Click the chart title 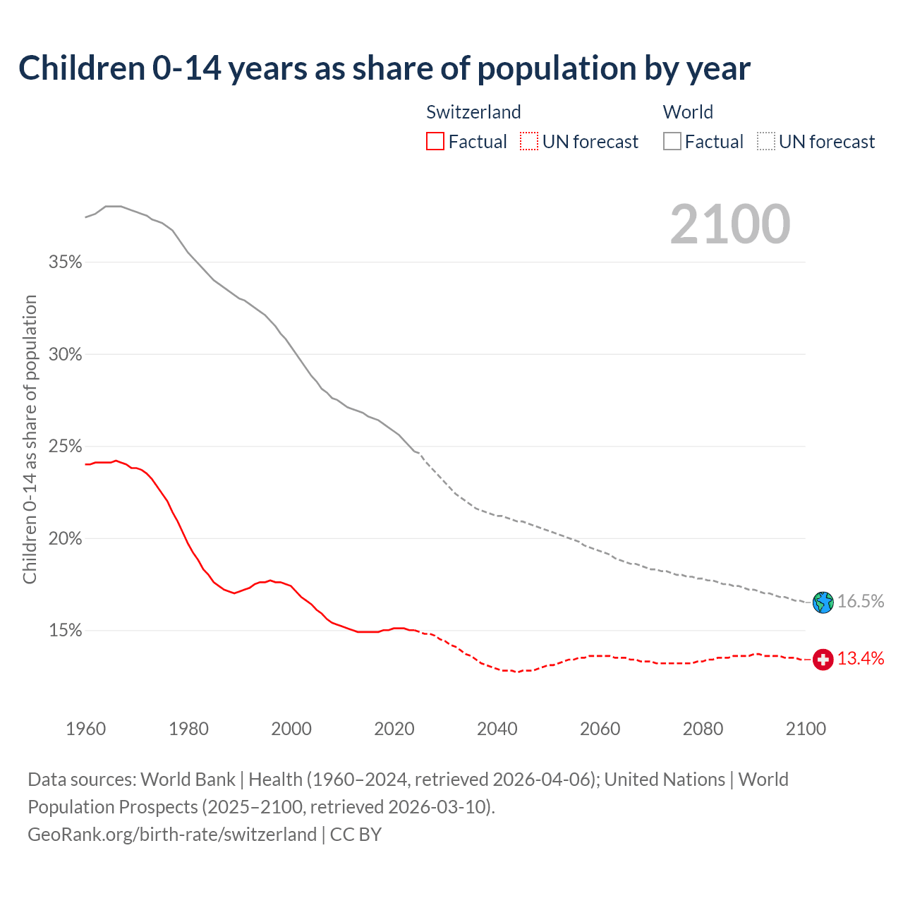[384, 68]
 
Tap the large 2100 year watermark [730, 224]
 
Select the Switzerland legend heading [473, 112]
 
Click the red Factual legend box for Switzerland [435, 142]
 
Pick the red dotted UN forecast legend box [529, 142]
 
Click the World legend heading [688, 112]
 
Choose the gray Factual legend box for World [672, 142]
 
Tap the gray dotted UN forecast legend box [766, 142]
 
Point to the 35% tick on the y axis [65, 262]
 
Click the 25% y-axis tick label [65, 447]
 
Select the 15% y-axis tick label [65, 631]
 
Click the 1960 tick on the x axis [86, 729]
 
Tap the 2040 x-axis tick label [497, 729]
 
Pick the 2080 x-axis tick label [703, 729]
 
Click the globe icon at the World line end [823, 602]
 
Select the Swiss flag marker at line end [823, 660]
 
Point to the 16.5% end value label [861, 602]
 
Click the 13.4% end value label [861, 659]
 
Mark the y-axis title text [30, 440]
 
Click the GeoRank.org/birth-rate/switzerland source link [172, 835]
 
